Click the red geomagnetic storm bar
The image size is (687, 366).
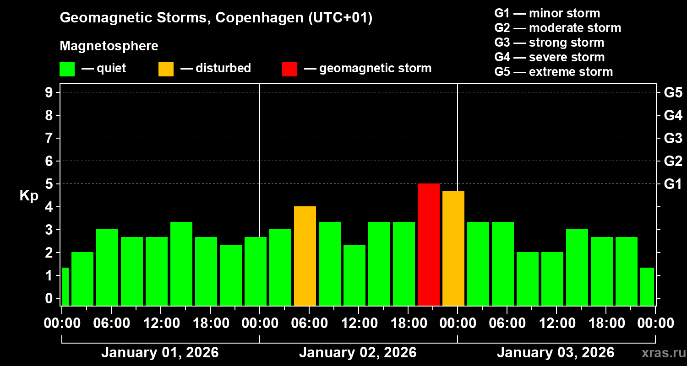pos(428,245)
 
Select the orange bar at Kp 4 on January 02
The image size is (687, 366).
pos(305,256)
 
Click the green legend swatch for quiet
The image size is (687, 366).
pos(67,69)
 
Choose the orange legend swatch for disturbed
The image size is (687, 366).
pos(166,69)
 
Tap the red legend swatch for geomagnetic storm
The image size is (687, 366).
pos(289,69)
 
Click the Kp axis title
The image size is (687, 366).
pos(28,196)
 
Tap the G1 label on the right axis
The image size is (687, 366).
pos(673,184)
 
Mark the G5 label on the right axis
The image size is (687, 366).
pos(673,92)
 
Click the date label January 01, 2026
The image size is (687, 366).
pos(159,353)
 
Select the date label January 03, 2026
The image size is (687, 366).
pos(555,353)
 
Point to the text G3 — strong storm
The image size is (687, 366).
pos(549,43)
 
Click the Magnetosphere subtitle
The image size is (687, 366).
pos(109,46)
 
